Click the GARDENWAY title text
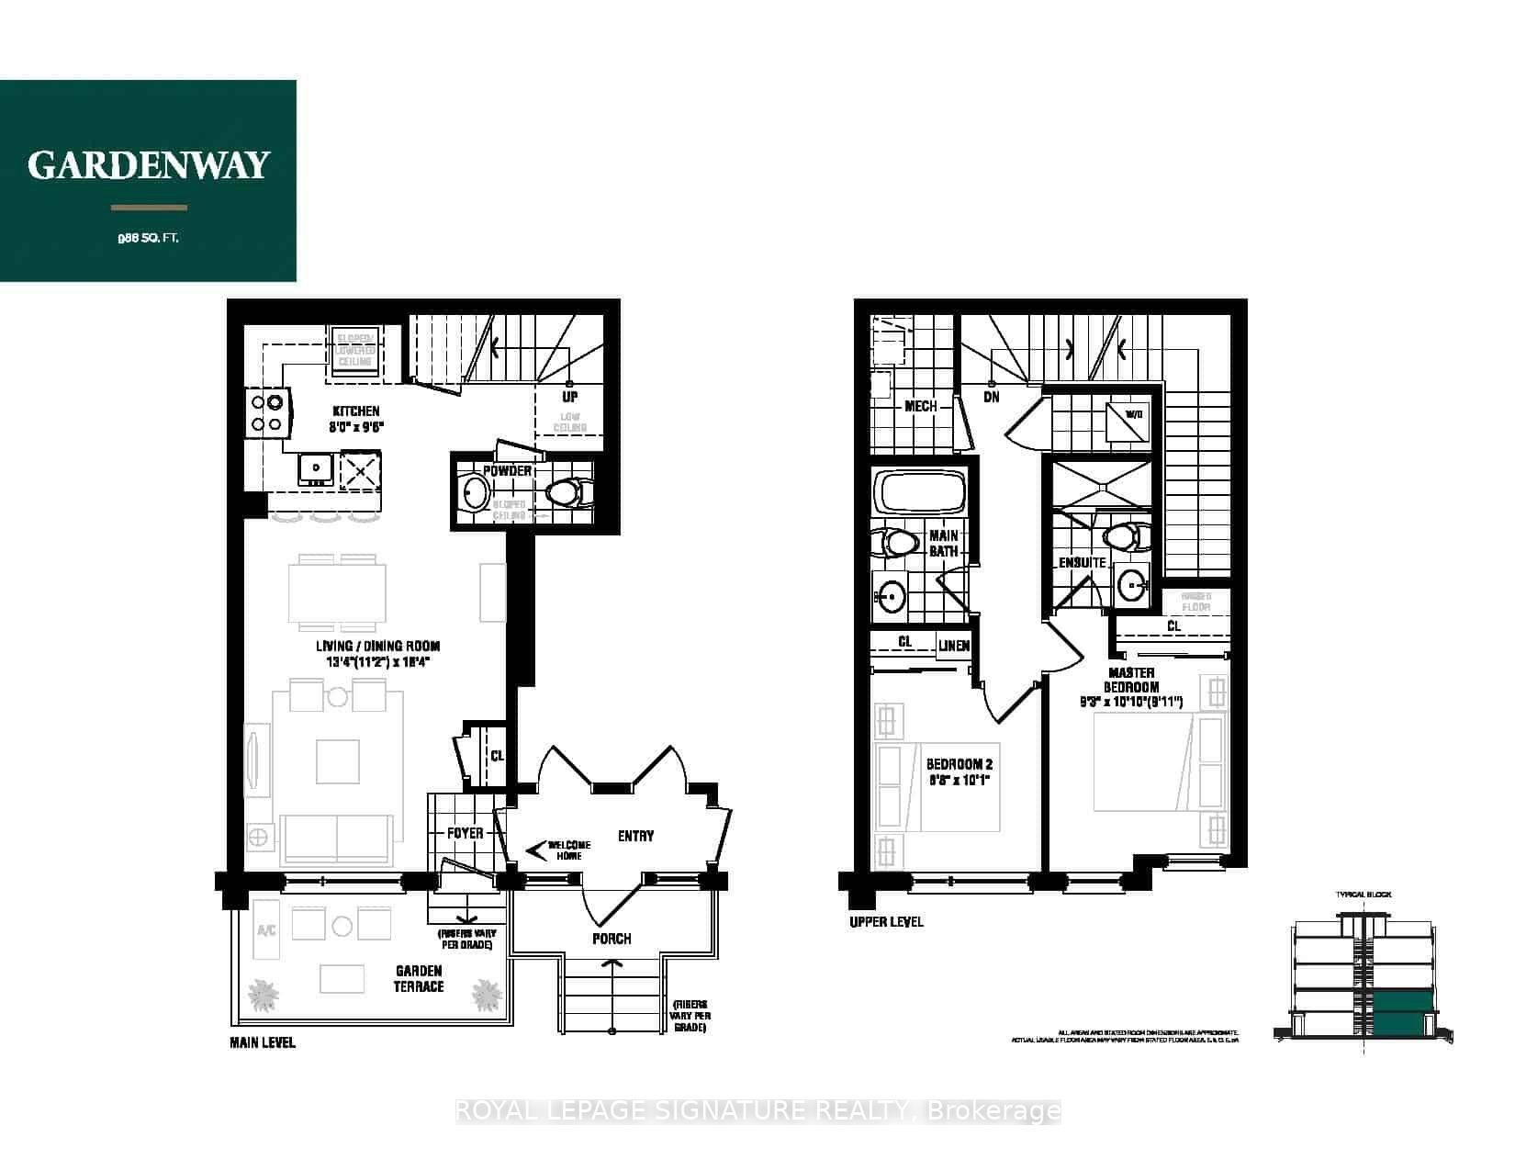[x=148, y=165]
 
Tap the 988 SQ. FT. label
[x=148, y=239]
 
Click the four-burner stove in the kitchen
[x=266, y=412]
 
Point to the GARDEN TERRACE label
[x=419, y=978]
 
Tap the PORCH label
[x=612, y=938]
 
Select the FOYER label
[x=465, y=833]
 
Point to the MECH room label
[x=920, y=406]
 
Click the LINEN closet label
[x=954, y=646]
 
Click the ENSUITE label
[x=1082, y=562]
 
